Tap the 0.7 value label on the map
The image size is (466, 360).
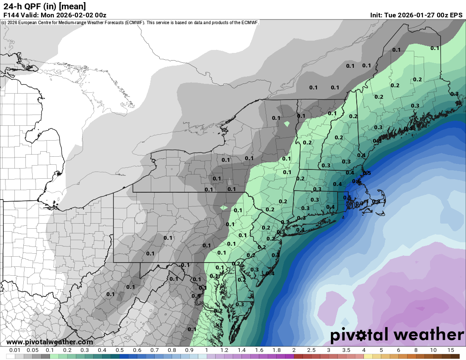359,204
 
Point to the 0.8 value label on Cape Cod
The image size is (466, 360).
376,202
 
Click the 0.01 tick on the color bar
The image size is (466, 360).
15,350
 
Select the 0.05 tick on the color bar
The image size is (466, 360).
33,350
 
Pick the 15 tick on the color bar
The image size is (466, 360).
450,350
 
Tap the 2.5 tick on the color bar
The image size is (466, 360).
311,350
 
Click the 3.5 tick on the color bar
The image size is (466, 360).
346,350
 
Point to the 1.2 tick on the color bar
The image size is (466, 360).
224,350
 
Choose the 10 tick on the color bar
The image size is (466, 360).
433,350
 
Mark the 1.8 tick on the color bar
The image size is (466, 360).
276,350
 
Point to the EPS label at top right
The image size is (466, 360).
456,15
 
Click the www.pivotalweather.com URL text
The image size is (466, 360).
50,342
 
